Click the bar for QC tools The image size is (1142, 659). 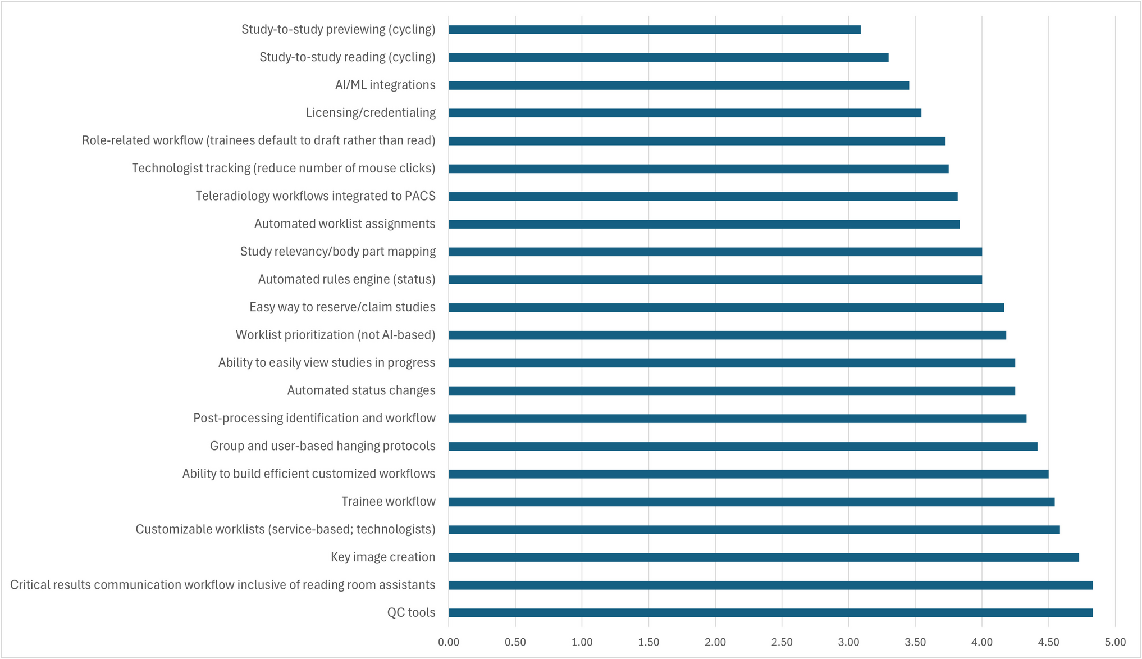point(770,613)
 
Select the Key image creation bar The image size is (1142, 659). point(764,557)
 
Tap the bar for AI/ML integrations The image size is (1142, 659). point(679,85)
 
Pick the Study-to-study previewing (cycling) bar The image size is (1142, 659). point(654,30)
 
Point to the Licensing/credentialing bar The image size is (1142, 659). point(685,113)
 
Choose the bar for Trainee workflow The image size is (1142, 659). point(751,502)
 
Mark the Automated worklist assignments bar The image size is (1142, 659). point(704,224)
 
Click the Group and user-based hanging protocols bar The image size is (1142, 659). point(743,446)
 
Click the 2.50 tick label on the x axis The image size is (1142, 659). point(782,642)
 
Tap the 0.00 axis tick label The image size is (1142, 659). point(449,642)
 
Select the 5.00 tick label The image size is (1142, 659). point(1115,642)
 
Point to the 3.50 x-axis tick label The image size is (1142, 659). point(915,642)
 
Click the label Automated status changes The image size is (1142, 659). point(361,390)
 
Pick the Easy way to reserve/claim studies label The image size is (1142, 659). point(342,307)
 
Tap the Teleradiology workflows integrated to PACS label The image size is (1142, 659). point(316,196)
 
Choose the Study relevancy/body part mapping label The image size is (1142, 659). point(338,252)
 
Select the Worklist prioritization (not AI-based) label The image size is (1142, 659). point(335,335)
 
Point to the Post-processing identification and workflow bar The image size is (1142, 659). point(737,419)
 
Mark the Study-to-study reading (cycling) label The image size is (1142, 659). point(347,57)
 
